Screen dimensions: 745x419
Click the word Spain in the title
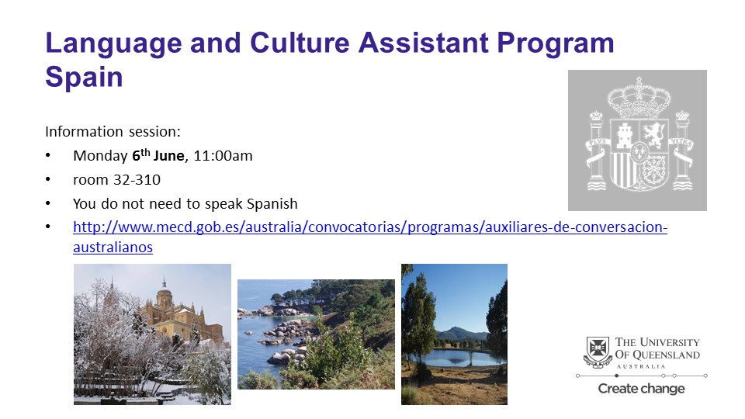click(x=84, y=77)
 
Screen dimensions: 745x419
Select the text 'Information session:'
click(x=113, y=131)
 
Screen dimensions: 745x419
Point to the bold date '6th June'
click(x=158, y=155)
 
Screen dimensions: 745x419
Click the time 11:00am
click(x=223, y=156)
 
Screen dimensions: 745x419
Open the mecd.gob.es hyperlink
click(x=370, y=227)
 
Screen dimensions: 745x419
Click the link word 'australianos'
click(x=113, y=247)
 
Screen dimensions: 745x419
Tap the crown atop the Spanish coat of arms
click(x=639, y=99)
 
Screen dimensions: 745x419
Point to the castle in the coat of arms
click(x=624, y=135)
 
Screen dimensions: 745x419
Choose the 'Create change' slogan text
click(x=642, y=389)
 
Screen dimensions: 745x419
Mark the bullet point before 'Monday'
click(x=47, y=155)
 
